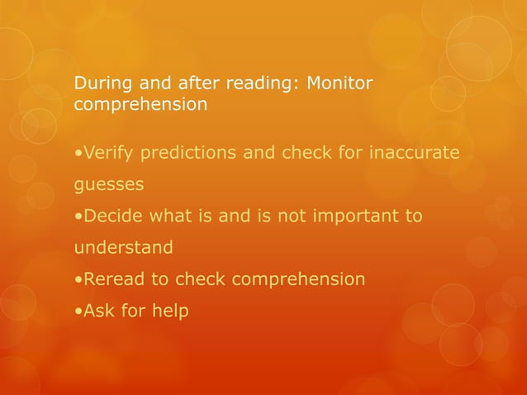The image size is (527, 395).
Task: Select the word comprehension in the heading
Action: (x=140, y=106)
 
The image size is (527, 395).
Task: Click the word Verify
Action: (x=108, y=154)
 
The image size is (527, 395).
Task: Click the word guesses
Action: (x=109, y=184)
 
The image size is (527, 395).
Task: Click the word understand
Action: (x=124, y=247)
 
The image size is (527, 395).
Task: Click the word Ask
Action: (x=97, y=311)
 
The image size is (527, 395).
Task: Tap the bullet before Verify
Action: (x=78, y=155)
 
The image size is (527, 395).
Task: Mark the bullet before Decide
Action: (x=78, y=217)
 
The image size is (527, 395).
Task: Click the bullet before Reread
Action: (x=78, y=279)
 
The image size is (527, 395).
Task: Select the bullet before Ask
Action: (x=78, y=312)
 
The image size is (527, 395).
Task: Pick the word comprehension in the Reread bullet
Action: (x=298, y=279)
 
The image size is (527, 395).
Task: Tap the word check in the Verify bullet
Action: (x=304, y=154)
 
